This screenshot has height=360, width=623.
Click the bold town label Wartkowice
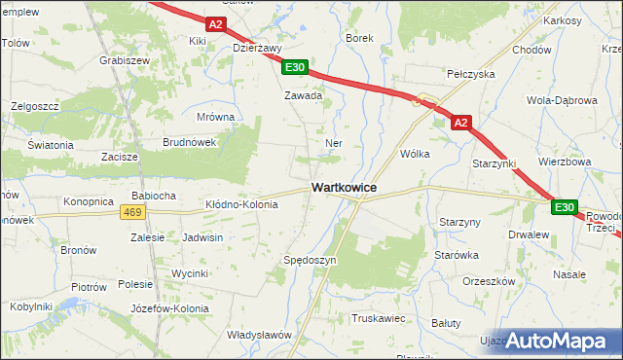pos(344,187)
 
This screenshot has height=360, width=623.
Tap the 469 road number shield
pos(134,212)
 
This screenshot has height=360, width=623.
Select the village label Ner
pos(333,142)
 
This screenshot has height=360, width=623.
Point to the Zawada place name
pos(303,96)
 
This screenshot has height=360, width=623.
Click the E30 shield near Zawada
pos(296,67)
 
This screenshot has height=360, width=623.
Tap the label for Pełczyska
pos(470,74)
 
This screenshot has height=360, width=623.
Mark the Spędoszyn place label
pos(310,261)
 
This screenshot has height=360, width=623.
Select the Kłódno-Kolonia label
pos(241,205)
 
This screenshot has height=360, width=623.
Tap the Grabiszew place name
pos(124,59)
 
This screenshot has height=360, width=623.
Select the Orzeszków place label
pos(489,281)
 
